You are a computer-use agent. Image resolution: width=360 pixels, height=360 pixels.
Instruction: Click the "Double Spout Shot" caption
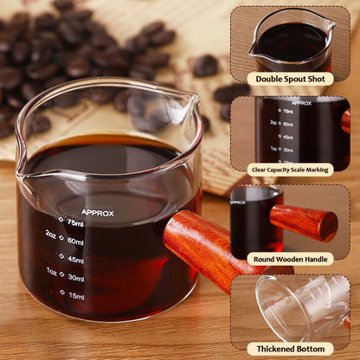point(290,79)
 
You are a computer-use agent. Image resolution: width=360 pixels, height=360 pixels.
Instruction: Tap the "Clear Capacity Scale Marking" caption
point(290,169)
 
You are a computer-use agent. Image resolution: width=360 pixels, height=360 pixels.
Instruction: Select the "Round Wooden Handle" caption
point(290,258)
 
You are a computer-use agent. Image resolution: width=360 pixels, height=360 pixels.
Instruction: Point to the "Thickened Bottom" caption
point(290,347)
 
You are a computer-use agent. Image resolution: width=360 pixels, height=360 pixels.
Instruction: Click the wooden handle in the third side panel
point(305,222)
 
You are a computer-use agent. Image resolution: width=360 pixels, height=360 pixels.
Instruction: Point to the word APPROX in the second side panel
point(302,103)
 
